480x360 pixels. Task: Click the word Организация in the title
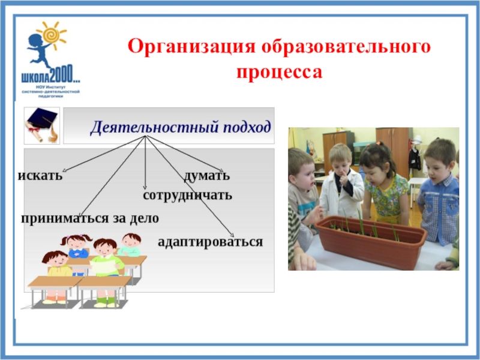pyautogui.click(x=191, y=47)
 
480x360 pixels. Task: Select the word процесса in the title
pyautogui.click(x=280, y=72)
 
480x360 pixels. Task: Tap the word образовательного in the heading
pyautogui.click(x=346, y=47)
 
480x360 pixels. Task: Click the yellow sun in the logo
pyautogui.click(x=51, y=35)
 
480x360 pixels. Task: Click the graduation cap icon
pyautogui.click(x=42, y=125)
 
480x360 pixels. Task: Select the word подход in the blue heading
pyautogui.click(x=247, y=127)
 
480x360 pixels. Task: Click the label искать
pyautogui.click(x=40, y=175)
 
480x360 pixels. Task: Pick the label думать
pyautogui.click(x=207, y=176)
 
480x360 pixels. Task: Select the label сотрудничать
pyautogui.click(x=187, y=196)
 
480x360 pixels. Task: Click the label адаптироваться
pyautogui.click(x=211, y=242)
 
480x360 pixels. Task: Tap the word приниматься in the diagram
pyautogui.click(x=65, y=218)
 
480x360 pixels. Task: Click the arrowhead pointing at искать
pyautogui.click(x=64, y=170)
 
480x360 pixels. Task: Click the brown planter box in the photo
pyautogui.click(x=371, y=242)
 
